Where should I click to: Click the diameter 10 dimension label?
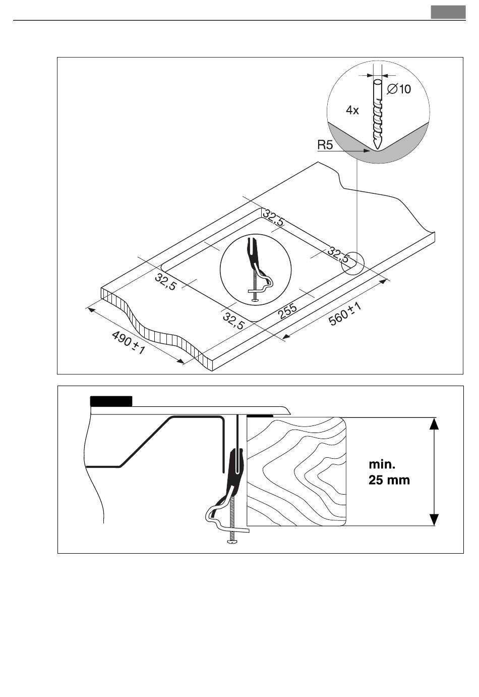coord(399,89)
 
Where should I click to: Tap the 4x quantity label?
coord(352,110)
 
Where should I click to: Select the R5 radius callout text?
coord(325,145)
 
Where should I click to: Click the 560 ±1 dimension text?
coord(346,314)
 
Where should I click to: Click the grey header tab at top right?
coord(448,12)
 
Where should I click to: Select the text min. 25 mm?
coord(389,471)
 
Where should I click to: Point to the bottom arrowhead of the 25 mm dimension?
coord(434,520)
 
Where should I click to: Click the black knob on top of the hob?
coord(111,401)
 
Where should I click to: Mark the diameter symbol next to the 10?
coord(391,89)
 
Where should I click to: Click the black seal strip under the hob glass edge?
coord(260,415)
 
